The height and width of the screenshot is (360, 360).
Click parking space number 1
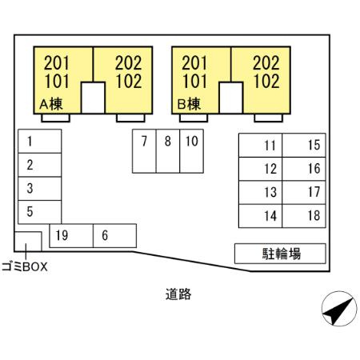40,141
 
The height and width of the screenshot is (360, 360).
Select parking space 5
40,212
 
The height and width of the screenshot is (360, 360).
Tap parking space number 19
71,236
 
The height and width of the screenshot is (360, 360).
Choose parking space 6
114,236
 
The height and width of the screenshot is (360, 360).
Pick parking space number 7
144,151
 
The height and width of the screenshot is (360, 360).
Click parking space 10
192,151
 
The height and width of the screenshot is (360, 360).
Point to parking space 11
260,145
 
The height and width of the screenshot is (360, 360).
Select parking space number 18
304,216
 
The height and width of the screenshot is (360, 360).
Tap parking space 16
304,169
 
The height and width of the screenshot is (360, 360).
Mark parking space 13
260,193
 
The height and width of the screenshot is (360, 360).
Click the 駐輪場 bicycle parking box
280,254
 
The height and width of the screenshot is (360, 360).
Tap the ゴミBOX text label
25,266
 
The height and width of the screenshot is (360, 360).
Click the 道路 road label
178,294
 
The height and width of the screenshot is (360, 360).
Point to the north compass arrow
339,311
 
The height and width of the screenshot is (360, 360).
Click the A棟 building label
51,104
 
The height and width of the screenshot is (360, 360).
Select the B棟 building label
189,104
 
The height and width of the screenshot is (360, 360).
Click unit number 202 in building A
129,63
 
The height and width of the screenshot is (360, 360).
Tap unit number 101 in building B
194,81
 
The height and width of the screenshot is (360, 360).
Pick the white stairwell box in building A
93,98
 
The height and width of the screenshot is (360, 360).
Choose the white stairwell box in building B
231,98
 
